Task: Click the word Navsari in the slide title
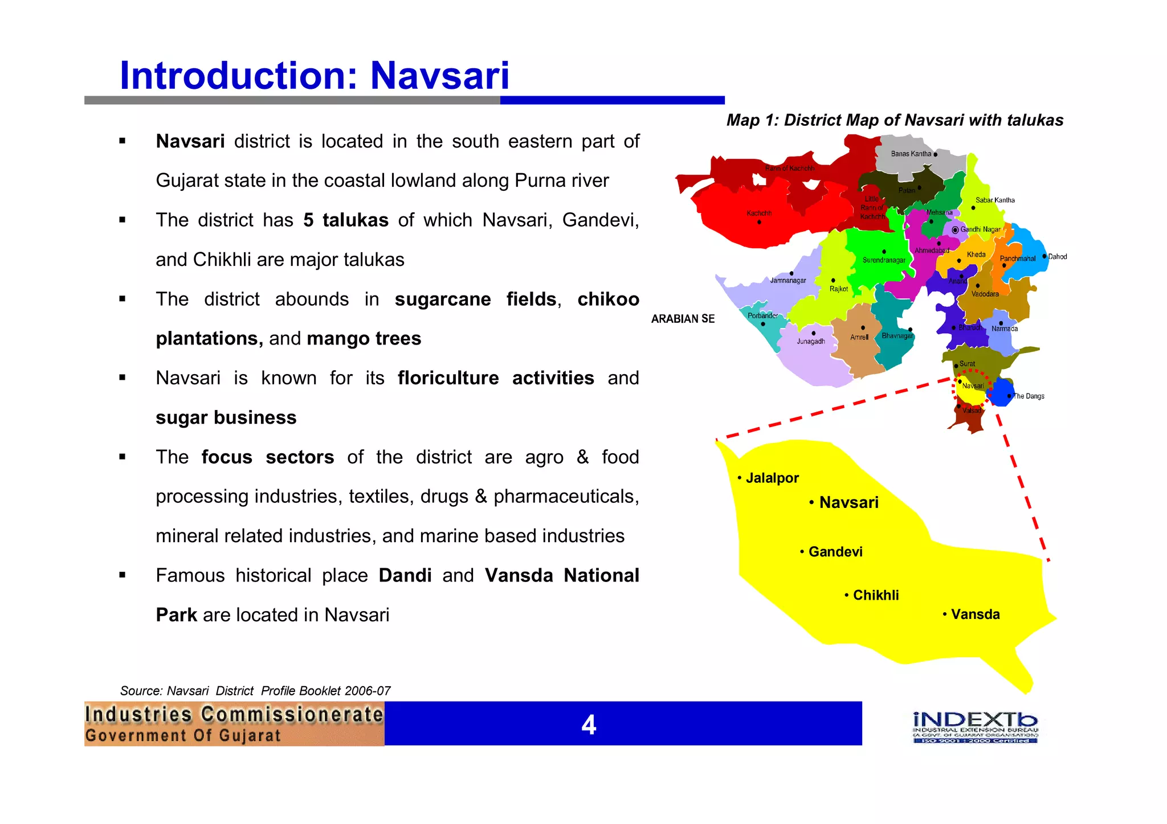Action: tap(439, 76)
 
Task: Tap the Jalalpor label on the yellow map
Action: tap(772, 478)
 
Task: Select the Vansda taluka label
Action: tap(975, 614)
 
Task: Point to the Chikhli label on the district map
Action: tap(875, 595)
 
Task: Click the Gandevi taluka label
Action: tap(835, 552)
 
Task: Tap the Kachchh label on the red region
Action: tap(759, 214)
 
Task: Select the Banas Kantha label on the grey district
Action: tap(911, 154)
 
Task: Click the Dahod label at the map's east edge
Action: tap(1058, 257)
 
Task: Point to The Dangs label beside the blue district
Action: tap(1029, 396)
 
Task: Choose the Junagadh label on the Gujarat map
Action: tap(810, 342)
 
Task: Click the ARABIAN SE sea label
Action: tap(683, 319)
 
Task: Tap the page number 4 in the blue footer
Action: tap(589, 725)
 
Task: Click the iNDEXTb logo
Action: tap(975, 727)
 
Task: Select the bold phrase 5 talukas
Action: tap(345, 220)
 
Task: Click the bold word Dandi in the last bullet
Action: tap(405, 576)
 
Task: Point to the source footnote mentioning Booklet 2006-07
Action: tap(255, 691)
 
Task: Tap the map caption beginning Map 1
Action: tap(895, 120)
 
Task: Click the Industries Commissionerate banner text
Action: tap(234, 715)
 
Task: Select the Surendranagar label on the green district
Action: tap(883, 260)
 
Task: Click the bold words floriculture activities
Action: tap(495, 378)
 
